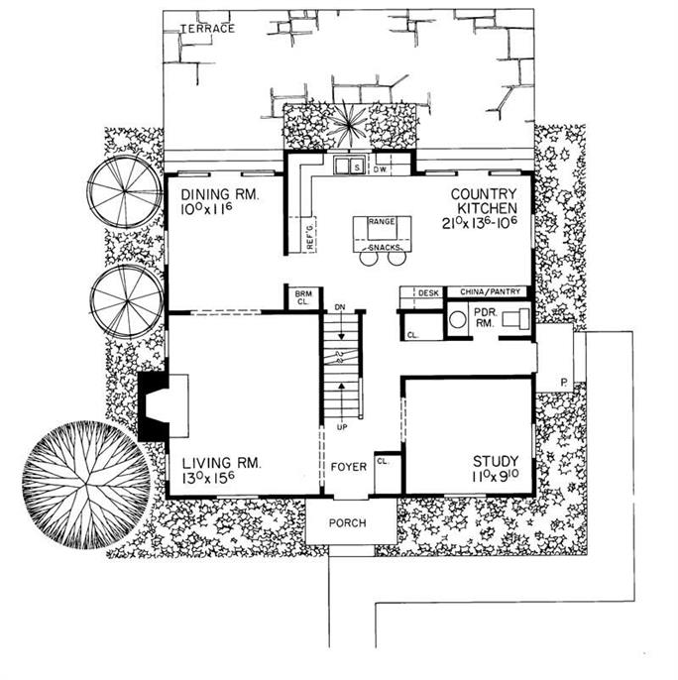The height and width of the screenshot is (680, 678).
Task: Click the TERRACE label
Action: (207, 29)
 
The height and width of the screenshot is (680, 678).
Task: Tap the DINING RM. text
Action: (214, 196)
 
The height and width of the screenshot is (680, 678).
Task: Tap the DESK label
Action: (427, 293)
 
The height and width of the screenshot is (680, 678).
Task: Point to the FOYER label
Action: (349, 466)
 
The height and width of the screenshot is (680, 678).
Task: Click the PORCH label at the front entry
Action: (350, 522)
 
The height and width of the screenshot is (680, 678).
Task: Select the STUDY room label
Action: (498, 461)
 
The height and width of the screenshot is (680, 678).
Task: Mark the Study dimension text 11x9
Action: (499, 478)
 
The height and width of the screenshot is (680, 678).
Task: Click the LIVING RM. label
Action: (218, 462)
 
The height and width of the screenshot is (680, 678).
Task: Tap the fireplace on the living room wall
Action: (156, 404)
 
